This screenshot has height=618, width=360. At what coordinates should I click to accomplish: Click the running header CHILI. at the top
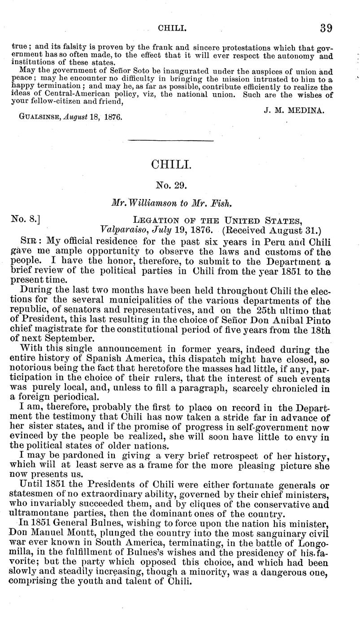pos(172,28)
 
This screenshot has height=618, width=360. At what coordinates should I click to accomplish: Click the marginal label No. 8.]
pos(26,220)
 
